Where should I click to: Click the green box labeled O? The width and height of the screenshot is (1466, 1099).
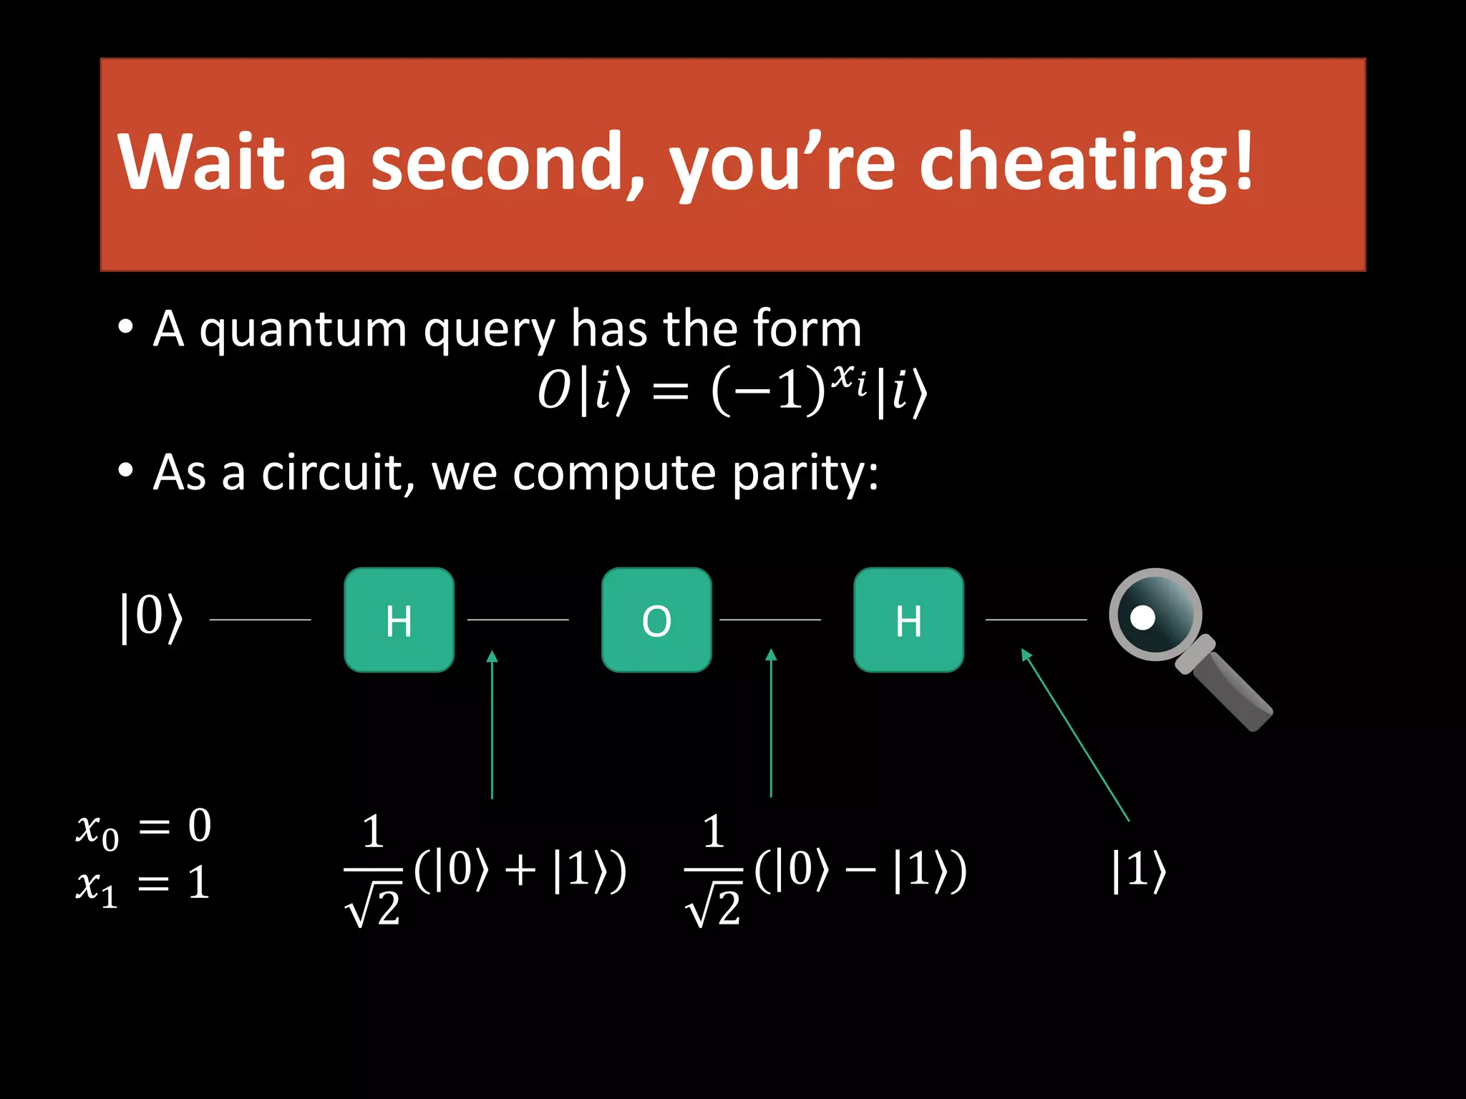pyautogui.click(x=656, y=620)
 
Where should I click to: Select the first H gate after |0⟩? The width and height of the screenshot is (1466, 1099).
pyautogui.click(x=399, y=620)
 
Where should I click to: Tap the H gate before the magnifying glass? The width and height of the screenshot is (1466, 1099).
pyautogui.click(x=908, y=620)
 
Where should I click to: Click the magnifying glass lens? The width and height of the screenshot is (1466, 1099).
pyautogui.click(x=1155, y=614)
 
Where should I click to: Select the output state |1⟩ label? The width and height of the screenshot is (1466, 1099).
pyautogui.click(x=1138, y=871)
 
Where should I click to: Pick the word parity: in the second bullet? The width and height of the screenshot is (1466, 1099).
pyautogui.click(x=805, y=474)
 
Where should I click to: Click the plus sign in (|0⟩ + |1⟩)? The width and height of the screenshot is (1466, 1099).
pyautogui.click(x=520, y=871)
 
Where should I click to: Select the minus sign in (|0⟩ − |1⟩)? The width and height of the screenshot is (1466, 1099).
pyautogui.click(x=861, y=871)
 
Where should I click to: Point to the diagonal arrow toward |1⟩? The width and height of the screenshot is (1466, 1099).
pyautogui.click(x=1075, y=735)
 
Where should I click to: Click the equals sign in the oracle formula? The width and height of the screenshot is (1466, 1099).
pyautogui.click(x=671, y=392)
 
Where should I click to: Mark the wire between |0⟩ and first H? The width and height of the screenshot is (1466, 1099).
pyautogui.click(x=260, y=620)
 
